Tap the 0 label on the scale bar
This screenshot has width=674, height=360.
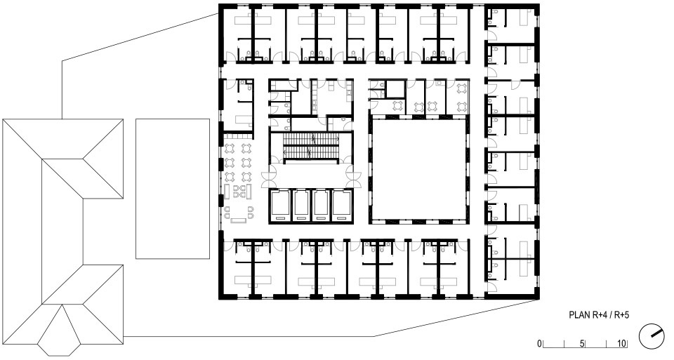[539, 344]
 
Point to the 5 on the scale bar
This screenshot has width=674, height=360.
[582, 344]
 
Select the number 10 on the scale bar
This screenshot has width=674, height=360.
[621, 344]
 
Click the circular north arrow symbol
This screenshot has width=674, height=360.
[652, 336]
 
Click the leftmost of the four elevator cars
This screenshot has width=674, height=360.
[280, 206]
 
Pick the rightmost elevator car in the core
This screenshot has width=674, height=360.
[343, 206]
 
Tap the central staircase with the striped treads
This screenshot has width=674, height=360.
[311, 146]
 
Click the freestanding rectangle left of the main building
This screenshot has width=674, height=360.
[173, 189]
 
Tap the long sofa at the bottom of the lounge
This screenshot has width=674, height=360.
[238, 221]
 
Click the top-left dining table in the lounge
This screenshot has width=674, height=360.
[230, 149]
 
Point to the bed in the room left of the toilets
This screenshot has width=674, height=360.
[244, 119]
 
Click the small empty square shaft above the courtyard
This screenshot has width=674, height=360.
[395, 90]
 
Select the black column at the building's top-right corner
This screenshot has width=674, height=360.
[535, 9]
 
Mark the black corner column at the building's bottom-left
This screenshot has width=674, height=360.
[223, 294]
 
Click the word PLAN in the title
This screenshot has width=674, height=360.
[579, 315]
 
